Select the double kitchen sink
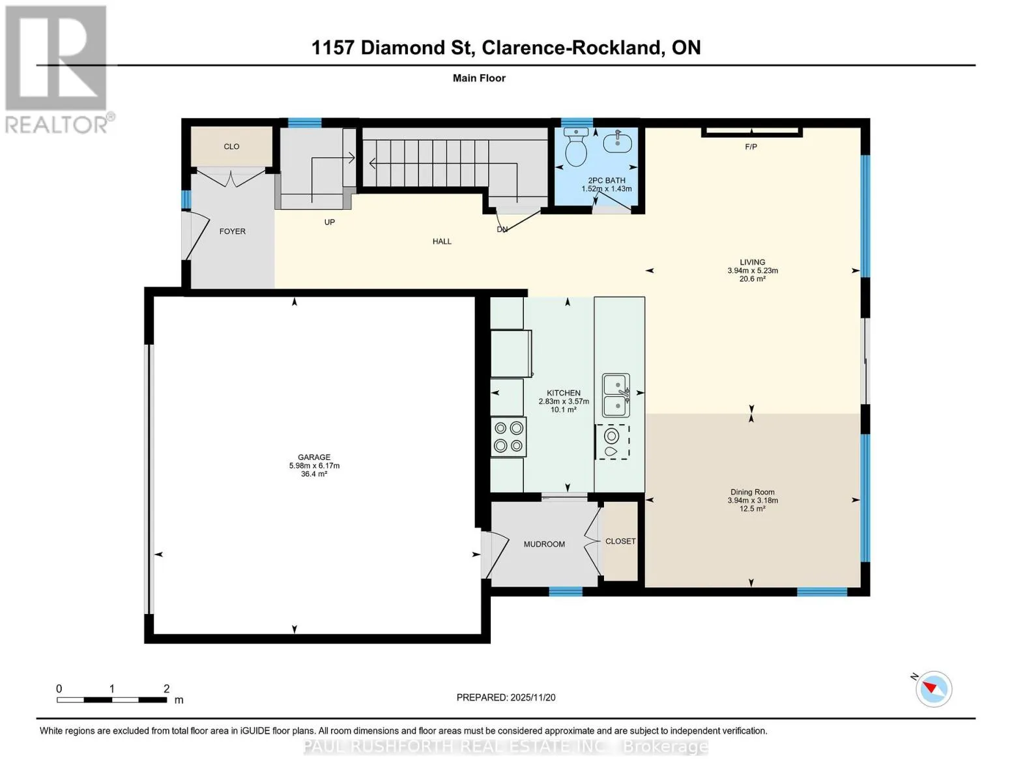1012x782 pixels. [x=616, y=396]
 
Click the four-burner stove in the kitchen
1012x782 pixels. [x=508, y=437]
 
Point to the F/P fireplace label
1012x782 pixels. [x=751, y=147]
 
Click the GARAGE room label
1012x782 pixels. [x=314, y=457]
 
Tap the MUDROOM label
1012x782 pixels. [x=544, y=544]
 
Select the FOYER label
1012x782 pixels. [x=233, y=231]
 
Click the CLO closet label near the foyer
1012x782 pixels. [x=231, y=147]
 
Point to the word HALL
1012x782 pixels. [x=442, y=241]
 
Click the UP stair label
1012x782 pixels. [x=329, y=222]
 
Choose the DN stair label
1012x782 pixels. [x=502, y=229]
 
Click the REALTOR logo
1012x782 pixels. [x=59, y=70]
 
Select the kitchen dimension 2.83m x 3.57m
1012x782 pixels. [x=564, y=401]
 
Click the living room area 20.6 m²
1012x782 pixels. [x=753, y=279]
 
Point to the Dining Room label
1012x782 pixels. [x=752, y=492]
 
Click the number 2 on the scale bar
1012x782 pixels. [x=166, y=688]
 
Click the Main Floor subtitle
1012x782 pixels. [x=479, y=78]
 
